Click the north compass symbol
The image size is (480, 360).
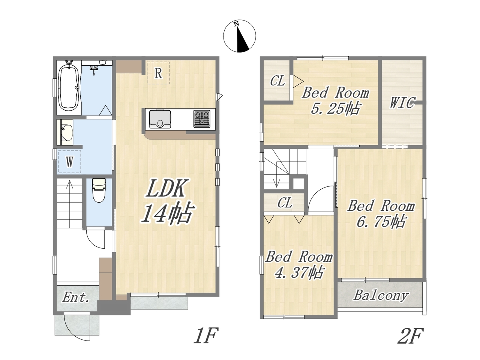(240, 36)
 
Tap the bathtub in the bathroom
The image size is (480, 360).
(69, 87)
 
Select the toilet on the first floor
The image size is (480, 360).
(99, 190)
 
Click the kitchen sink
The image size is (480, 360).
(160, 119)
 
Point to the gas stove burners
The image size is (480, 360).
(202, 119)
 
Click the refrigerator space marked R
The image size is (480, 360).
(158, 73)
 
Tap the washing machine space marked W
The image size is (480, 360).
(69, 162)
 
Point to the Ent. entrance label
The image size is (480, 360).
(76, 297)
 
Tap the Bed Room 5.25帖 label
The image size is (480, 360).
(336, 100)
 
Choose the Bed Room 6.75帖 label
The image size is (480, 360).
(381, 214)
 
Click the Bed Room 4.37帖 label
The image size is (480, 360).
(299, 265)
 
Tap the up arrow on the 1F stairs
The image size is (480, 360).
(70, 204)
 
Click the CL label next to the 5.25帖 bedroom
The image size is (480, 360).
(277, 81)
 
